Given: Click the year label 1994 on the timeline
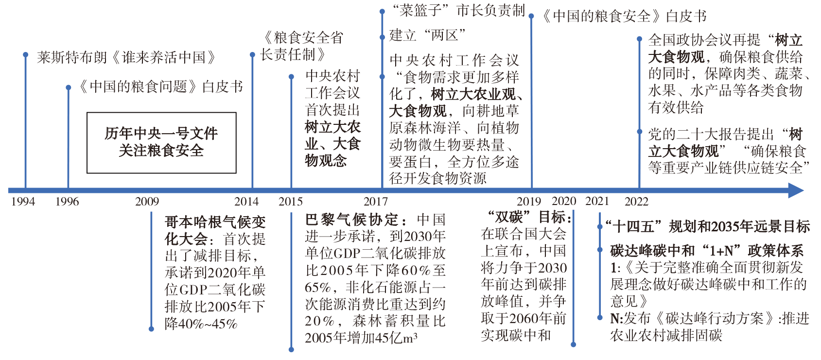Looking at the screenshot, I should coord(23,202).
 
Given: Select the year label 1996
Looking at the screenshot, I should coord(67,202).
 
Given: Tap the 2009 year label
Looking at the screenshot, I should coord(147,202).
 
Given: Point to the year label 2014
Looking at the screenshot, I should coord(246,202).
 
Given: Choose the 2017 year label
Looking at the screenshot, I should coord(376,202).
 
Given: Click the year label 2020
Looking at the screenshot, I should coord(564,201).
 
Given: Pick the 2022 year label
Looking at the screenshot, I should coord(636,202).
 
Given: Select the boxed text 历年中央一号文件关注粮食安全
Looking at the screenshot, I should coord(161,142).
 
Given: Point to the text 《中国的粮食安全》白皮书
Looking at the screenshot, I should coord(624,17).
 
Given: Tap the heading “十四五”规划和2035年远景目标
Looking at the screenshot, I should coord(707,226).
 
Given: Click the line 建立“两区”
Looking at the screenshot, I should coord(427,35).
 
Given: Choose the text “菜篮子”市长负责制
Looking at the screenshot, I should coord(458,10).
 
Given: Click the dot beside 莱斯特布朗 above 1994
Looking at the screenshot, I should coord(26,55).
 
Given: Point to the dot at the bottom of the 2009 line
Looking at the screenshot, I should coord(152,329).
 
